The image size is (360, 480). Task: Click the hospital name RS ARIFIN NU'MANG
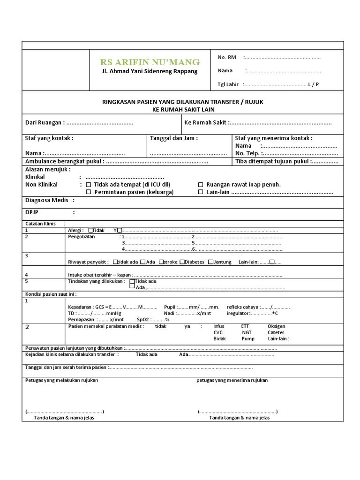click(x=150, y=62)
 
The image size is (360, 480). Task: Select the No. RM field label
click(x=227, y=57)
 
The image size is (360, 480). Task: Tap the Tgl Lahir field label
click(x=228, y=84)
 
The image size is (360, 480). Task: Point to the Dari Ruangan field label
click(x=44, y=122)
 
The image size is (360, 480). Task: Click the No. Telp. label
click(x=247, y=153)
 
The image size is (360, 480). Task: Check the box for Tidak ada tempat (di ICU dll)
click(x=89, y=185)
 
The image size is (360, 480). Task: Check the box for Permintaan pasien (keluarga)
click(x=89, y=192)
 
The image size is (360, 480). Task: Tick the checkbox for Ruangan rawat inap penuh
click(x=201, y=185)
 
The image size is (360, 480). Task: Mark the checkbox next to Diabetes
click(x=182, y=262)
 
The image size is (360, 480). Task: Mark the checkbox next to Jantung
click(x=210, y=262)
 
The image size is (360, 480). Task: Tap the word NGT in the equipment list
click(x=247, y=332)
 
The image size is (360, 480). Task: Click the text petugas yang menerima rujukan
click(x=232, y=380)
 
